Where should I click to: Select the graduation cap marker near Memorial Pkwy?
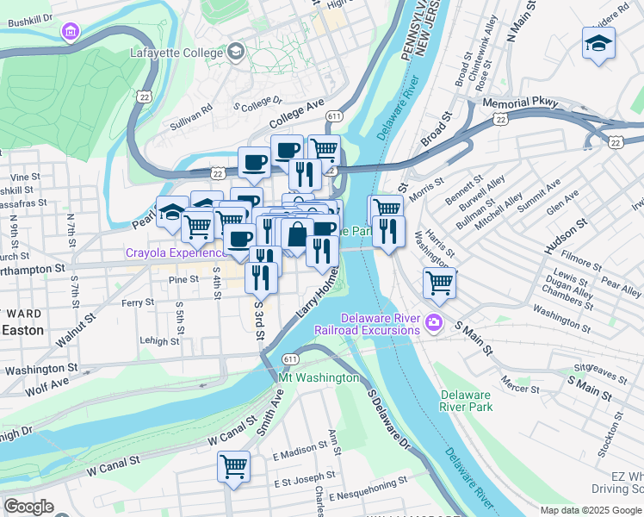598,43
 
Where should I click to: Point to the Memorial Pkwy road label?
520,103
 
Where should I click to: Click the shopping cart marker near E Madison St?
233,467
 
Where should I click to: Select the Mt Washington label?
319,377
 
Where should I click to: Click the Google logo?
28,507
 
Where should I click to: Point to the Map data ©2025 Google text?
591,510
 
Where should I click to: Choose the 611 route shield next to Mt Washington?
290,358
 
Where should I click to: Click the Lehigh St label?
161,341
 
